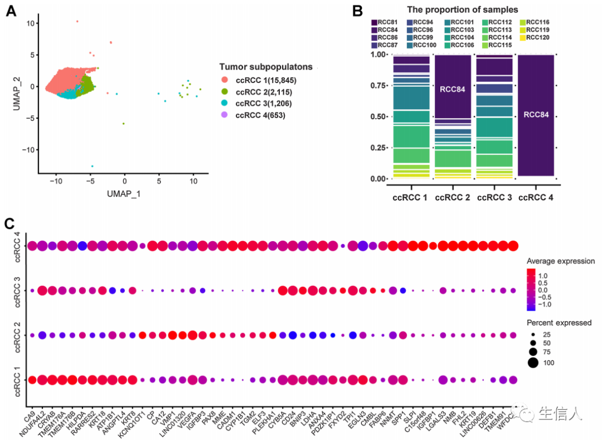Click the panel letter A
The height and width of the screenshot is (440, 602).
coord(10,10)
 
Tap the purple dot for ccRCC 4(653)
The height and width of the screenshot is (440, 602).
coord(224,116)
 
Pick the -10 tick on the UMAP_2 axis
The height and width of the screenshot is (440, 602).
coord(28,149)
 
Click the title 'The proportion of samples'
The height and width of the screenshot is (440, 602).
coord(462,9)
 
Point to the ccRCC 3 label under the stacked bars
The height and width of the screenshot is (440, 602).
coord(493,197)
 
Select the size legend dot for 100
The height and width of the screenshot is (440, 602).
coord(533,363)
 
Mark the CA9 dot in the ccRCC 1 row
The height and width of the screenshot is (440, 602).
coord(32,380)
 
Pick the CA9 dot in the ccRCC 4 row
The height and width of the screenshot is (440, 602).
coord(32,246)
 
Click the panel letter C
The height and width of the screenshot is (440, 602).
coord(10,224)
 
